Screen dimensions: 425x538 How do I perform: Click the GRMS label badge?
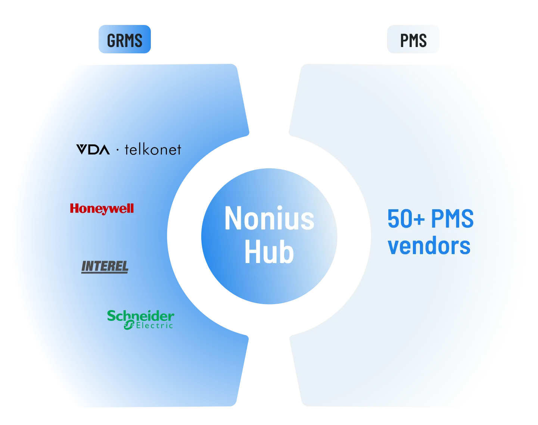(125, 40)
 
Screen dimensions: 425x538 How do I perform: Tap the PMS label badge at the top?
(413, 40)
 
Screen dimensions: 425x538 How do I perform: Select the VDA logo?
(93, 150)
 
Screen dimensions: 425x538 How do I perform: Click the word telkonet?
(153, 150)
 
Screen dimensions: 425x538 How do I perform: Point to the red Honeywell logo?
(102, 209)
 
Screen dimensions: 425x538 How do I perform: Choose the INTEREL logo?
(105, 266)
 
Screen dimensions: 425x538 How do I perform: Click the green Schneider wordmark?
(140, 316)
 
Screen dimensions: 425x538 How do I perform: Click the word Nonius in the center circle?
(269, 219)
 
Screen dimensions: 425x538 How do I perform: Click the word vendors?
(429, 246)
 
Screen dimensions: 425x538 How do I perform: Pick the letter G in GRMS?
(111, 40)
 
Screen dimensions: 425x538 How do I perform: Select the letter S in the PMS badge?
(422, 40)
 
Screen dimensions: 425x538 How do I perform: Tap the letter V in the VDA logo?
(82, 150)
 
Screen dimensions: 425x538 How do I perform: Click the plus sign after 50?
(420, 219)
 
